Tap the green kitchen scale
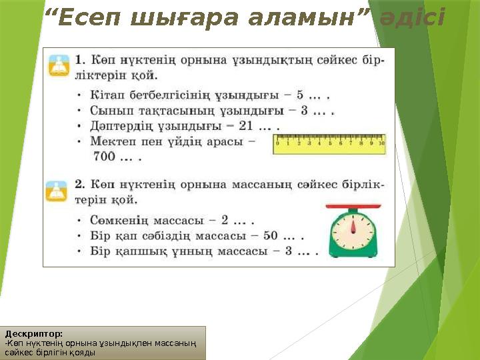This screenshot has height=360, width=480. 353,231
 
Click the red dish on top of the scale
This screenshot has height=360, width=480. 353,209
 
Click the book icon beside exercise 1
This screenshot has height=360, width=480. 58,65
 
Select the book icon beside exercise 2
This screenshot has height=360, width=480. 58,190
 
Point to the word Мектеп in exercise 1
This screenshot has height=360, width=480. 112,141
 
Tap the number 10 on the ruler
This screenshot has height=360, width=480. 381,142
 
